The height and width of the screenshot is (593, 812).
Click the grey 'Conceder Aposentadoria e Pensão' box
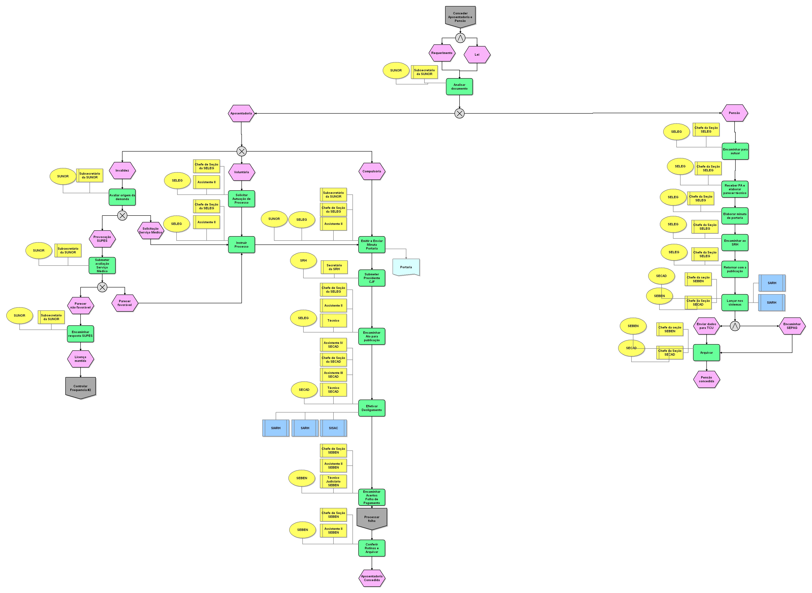click(460, 17)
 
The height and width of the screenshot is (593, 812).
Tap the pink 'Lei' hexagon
click(477, 55)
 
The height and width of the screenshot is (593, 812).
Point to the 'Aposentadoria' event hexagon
click(241, 113)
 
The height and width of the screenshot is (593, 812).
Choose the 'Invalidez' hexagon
click(122, 171)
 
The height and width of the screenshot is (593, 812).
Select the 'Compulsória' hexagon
click(371, 171)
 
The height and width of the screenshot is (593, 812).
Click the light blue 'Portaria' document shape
click(406, 267)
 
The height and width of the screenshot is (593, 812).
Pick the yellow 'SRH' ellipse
click(303, 261)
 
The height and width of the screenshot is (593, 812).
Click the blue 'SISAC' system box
click(333, 428)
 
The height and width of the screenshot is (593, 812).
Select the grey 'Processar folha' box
click(371, 519)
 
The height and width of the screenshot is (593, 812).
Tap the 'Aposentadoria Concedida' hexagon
click(371, 578)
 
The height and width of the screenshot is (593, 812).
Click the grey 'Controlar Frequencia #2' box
click(81, 388)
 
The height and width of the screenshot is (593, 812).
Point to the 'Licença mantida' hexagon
click(81, 359)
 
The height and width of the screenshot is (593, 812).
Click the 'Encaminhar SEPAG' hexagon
click(792, 326)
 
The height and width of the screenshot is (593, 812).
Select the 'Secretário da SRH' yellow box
click(334, 267)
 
